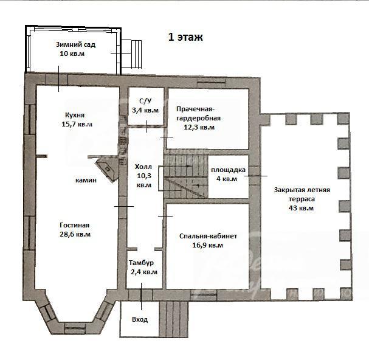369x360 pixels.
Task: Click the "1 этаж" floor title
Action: [x=185, y=37]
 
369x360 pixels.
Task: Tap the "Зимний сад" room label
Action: [x=75, y=44]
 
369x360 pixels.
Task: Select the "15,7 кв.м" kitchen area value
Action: [x=77, y=124]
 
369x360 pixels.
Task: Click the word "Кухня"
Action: [x=75, y=115]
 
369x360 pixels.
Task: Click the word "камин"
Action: [x=86, y=181]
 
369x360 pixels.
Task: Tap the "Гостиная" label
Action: [x=75, y=225]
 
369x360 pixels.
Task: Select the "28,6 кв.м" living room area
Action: [x=75, y=234]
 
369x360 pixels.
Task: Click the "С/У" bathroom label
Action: [x=145, y=101]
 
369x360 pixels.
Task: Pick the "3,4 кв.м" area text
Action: [x=145, y=110]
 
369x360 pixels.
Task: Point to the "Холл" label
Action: [x=143, y=167]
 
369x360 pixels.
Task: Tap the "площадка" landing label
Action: [x=228, y=170]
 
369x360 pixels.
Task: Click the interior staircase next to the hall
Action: [x=186, y=176]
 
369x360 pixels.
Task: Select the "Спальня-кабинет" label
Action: [x=208, y=236]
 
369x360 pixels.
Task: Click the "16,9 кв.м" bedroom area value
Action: [x=207, y=245]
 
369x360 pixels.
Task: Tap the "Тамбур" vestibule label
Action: [x=141, y=263]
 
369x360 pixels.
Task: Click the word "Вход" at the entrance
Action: [x=140, y=319]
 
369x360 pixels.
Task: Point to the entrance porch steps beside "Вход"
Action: [x=174, y=319]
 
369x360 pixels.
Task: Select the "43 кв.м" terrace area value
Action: [x=301, y=208]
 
